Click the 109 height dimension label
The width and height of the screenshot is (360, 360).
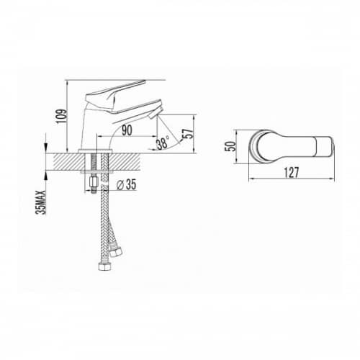pos(61,117)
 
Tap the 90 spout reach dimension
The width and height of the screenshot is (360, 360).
pos(127,130)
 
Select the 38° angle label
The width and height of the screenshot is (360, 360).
pos(163,143)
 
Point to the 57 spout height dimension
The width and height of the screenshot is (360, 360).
pos(188,134)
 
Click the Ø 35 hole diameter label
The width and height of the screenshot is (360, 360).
pos(126,184)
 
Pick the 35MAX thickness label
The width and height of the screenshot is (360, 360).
pos(40,202)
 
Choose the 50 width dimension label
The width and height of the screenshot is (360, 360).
pos(230,146)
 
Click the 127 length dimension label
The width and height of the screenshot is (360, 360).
pos(292,173)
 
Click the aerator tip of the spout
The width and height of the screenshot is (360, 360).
pos(156,113)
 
